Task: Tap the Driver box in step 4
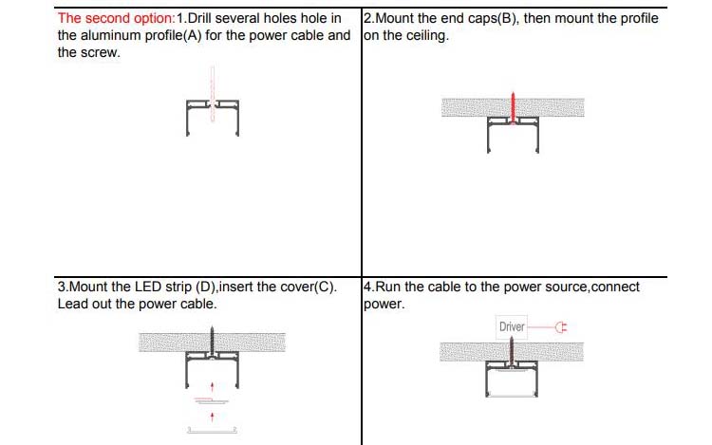point(512,327)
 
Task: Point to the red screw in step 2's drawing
point(513,107)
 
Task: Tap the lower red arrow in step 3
point(212,416)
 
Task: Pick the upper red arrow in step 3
point(212,385)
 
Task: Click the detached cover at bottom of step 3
point(212,430)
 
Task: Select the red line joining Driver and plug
point(538,327)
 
